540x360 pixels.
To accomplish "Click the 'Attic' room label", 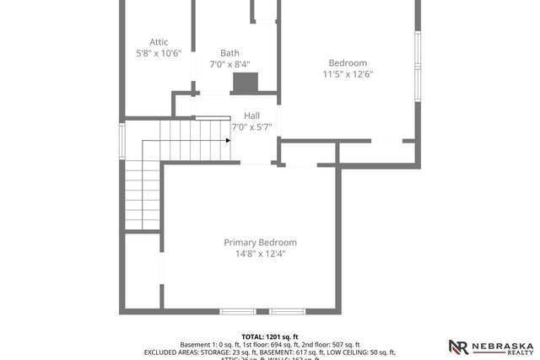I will coord(159,41).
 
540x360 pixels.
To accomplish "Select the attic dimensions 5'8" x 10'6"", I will coord(159,53).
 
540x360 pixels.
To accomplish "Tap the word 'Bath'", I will coord(229,53).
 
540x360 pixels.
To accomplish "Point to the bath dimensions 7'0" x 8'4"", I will coord(229,64).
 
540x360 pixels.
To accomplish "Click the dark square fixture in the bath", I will coord(245,83).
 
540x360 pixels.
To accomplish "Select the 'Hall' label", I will coord(251,116).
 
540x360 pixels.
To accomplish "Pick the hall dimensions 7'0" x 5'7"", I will coord(251,127).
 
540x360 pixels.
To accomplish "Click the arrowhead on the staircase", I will coord(228,141).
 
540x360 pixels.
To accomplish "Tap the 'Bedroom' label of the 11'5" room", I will coord(348,63).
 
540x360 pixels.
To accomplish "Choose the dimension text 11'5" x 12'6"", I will coord(348,74).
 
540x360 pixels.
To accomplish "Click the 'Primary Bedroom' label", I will coord(260,242).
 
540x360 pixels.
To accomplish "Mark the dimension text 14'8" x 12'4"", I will coord(260,254).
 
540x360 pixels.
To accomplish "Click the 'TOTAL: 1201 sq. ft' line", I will coord(270,336).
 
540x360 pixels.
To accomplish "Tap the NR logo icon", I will coord(458,347).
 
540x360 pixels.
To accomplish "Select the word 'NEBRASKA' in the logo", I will coord(501,344).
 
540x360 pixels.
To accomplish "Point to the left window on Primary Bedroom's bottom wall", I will coord(237,312).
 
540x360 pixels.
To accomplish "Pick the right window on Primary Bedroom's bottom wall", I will coord(286,312).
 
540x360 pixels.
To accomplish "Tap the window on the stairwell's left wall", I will coord(123,140).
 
